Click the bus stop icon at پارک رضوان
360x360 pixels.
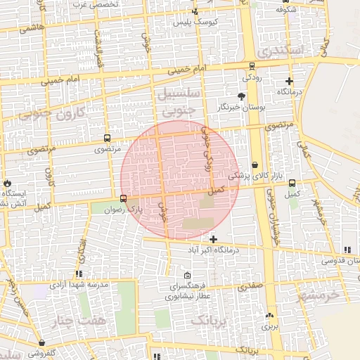coord(124,198)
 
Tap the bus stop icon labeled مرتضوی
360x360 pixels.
coord(107,138)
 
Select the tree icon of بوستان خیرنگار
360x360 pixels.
coord(242,95)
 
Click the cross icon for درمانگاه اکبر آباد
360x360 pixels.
coord(214,240)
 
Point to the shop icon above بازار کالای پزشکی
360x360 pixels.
coord(255,165)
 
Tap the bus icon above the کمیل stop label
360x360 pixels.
coord(292,183)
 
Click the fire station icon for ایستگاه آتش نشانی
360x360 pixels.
coord(7,183)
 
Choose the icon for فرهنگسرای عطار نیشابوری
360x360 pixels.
coord(186,276)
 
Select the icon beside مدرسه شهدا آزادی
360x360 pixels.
coord(79,274)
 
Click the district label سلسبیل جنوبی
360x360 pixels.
coord(181,102)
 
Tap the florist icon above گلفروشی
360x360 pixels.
coord(42,343)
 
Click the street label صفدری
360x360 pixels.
coord(250,287)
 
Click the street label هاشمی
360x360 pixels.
coord(32,27)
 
